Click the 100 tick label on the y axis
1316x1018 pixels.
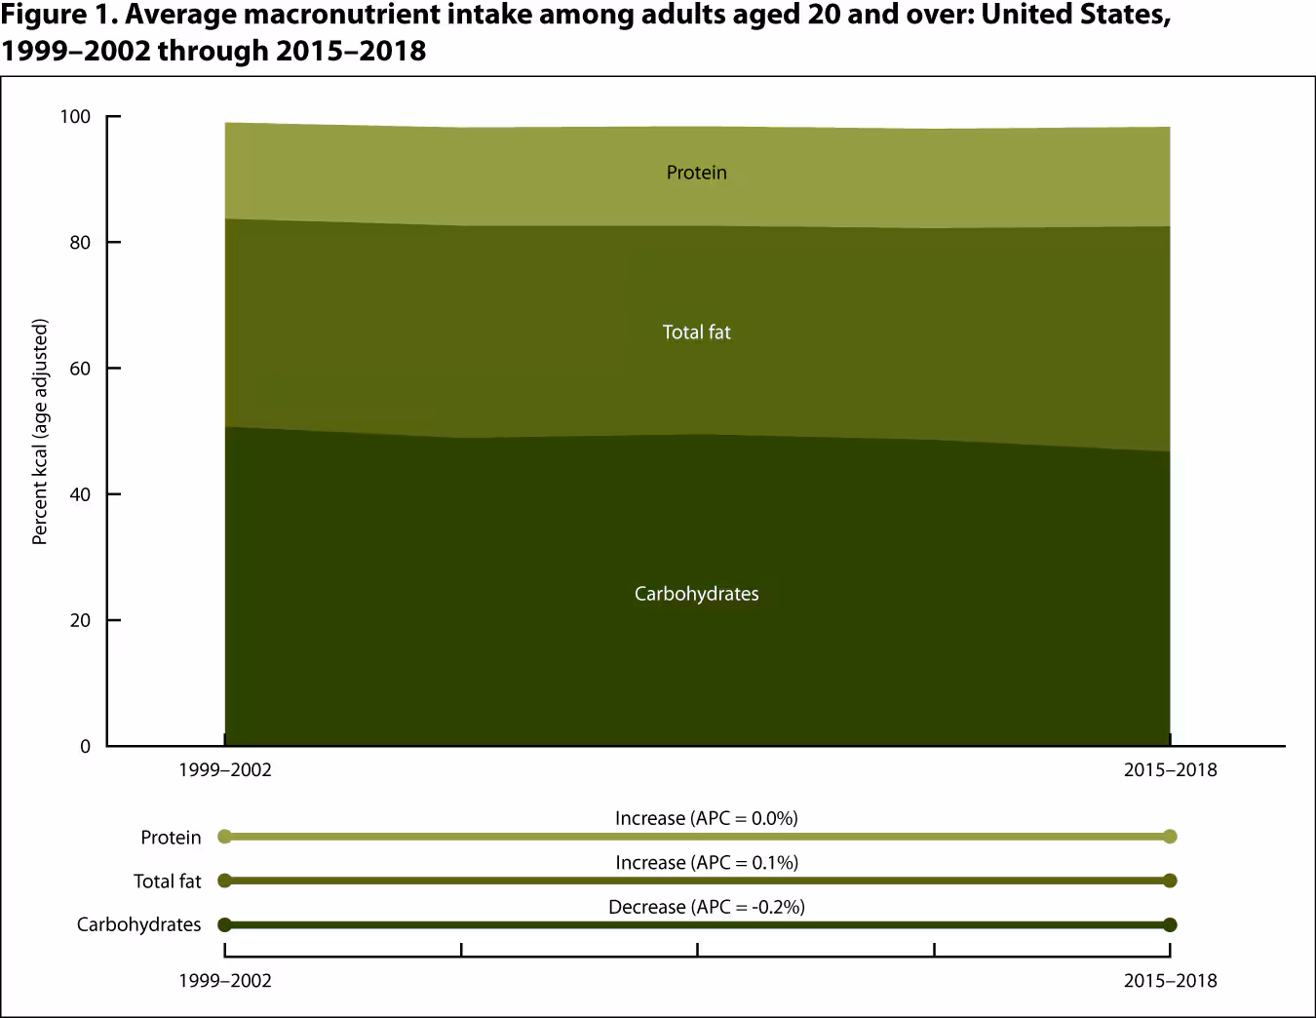[75, 117]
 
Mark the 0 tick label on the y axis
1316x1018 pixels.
[85, 747]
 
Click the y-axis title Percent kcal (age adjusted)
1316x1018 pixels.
[40, 432]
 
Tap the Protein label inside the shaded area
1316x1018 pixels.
[696, 173]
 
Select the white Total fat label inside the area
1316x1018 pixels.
[696, 333]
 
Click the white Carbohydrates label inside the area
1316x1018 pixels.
[696, 594]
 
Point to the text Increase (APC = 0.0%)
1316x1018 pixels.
[706, 818]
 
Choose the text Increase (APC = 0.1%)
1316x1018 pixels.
[706, 863]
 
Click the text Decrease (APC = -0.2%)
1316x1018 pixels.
[706, 907]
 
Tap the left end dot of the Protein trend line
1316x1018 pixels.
[225, 837]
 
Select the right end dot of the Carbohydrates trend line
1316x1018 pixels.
[1170, 924]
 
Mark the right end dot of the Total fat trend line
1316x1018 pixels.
[1170, 881]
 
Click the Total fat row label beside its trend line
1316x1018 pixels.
[167, 881]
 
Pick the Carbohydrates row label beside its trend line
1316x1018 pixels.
[138, 924]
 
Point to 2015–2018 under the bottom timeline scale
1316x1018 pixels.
[1170, 981]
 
